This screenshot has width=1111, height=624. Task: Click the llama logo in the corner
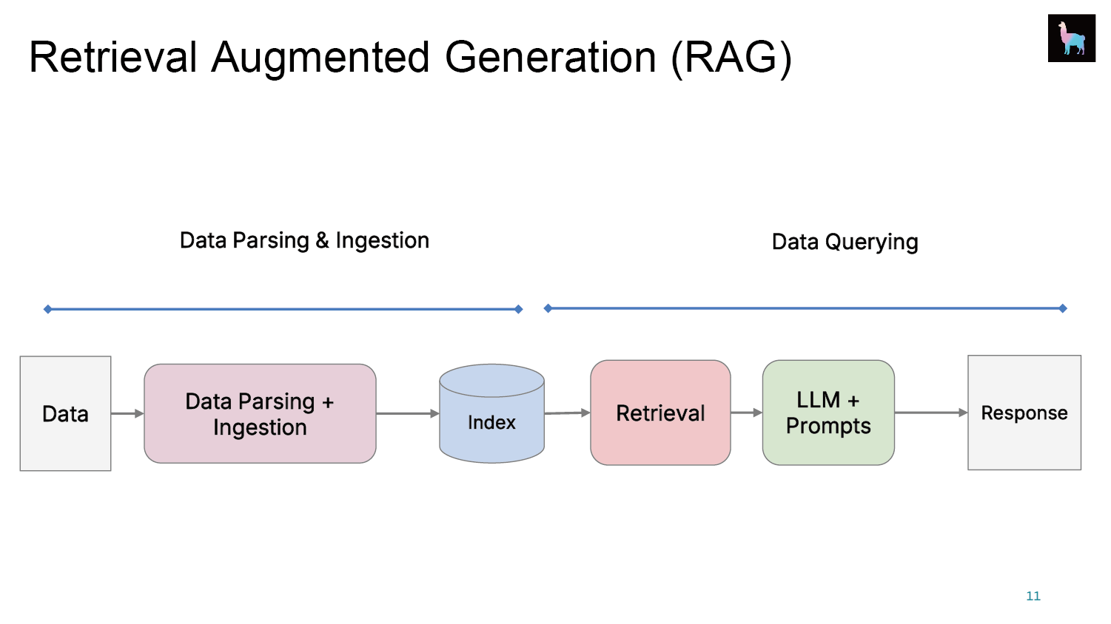1071,38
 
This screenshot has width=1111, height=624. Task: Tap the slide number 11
1033,596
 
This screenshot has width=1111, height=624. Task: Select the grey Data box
65,413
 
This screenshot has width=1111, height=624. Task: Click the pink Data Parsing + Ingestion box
260,413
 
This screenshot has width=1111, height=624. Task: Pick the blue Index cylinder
492,414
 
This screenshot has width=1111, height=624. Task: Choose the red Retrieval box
660,413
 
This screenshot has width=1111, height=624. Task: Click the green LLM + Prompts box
828,413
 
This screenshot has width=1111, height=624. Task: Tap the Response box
1024,413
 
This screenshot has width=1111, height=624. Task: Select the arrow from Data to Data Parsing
127,413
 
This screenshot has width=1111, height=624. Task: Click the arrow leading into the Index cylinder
407,413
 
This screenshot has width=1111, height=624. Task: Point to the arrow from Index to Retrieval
568,413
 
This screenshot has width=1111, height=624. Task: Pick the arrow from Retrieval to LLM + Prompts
746,412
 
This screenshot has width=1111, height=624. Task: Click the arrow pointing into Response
931,412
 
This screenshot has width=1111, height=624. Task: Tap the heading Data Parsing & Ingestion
304,241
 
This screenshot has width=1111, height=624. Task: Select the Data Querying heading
845,243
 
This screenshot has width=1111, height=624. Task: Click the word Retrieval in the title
113,57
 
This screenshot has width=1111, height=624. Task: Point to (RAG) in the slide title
731,58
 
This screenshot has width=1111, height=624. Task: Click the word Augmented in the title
320,58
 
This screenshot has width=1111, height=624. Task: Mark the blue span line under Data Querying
805,308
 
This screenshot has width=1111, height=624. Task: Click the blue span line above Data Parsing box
283,310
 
